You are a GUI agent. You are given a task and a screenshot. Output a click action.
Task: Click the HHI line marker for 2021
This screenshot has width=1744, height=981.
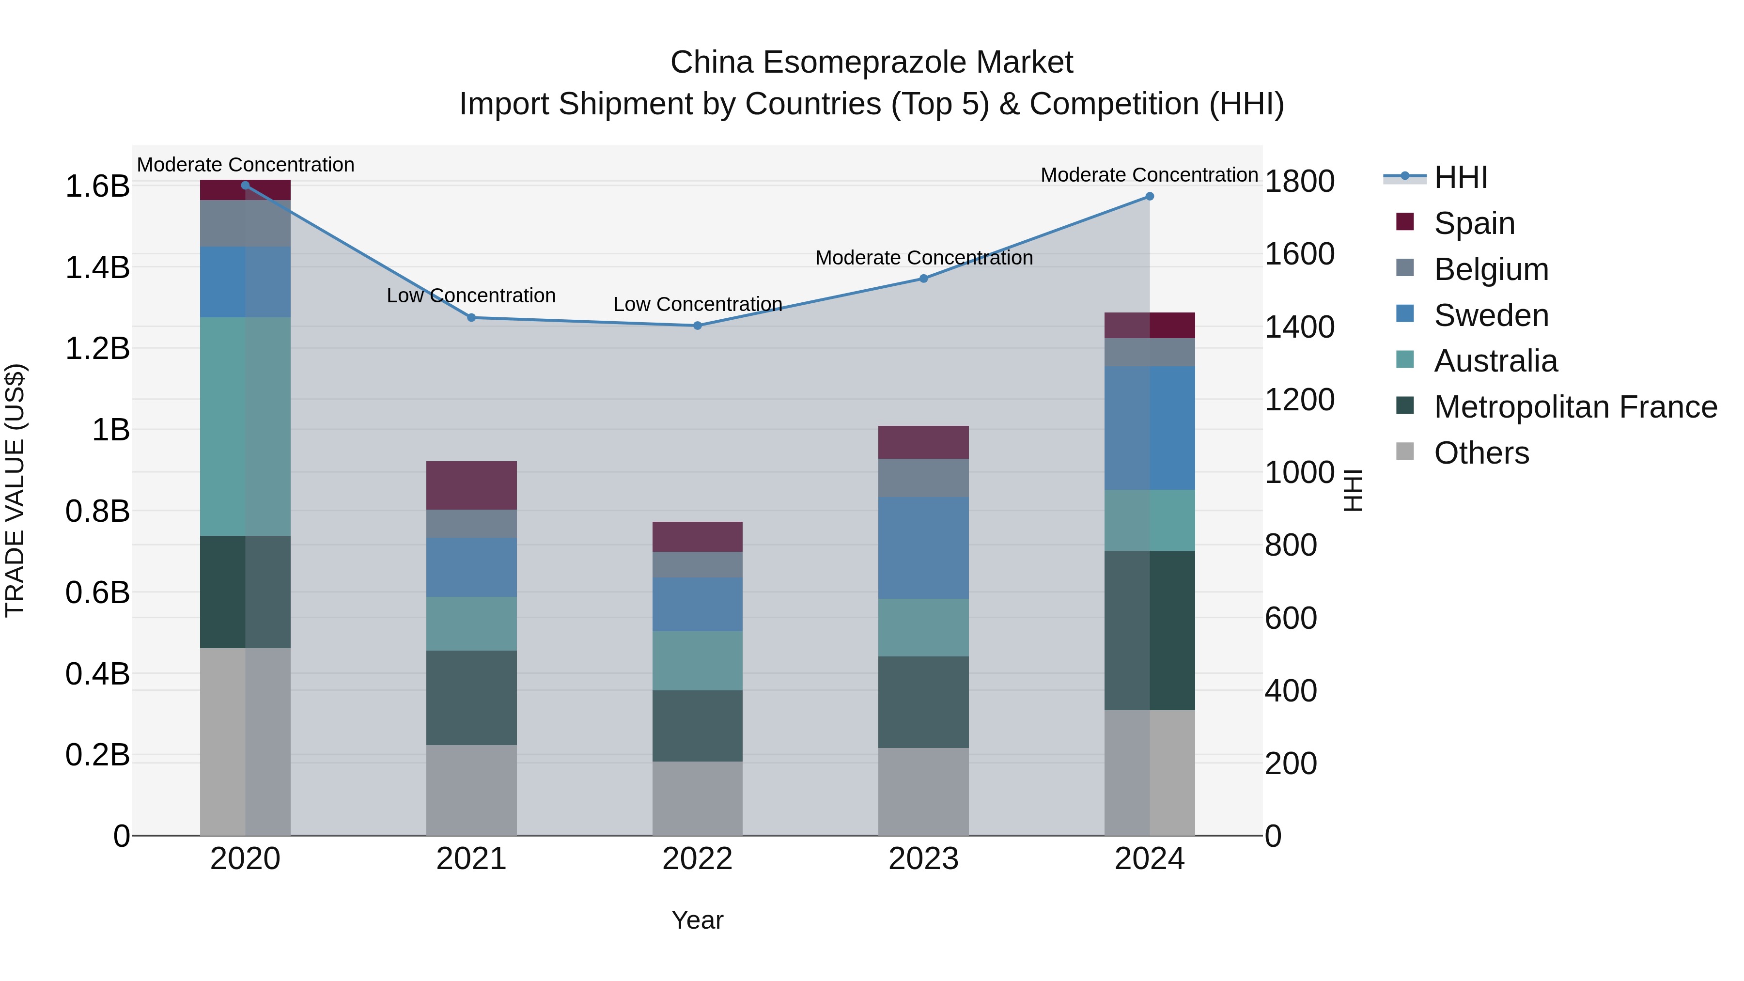(471, 317)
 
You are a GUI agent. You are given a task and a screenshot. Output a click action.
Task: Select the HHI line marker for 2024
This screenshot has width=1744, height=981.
(1150, 196)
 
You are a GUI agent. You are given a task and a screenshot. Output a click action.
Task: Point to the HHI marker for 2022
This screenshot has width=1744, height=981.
(697, 326)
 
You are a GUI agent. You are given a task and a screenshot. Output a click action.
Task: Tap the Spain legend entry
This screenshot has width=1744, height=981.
(1474, 223)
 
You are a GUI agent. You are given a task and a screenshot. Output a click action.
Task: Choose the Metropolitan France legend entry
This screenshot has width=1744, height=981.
(1575, 407)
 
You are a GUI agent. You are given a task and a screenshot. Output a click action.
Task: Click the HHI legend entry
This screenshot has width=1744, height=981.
(1460, 177)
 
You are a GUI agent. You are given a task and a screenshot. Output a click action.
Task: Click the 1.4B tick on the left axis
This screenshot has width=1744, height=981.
(97, 267)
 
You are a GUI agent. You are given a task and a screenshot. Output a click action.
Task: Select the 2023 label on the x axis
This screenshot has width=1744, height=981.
(923, 859)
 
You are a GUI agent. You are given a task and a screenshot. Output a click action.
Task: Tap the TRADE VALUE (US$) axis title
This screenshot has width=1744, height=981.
(15, 490)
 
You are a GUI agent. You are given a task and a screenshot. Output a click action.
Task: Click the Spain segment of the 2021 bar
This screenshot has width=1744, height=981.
(471, 485)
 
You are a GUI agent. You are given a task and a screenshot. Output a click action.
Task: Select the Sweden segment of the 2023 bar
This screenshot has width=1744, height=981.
(923, 548)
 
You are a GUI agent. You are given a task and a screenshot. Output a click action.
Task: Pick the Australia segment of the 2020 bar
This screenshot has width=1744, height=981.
(245, 426)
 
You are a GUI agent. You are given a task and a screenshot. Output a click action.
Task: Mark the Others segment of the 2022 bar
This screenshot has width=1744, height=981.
(697, 798)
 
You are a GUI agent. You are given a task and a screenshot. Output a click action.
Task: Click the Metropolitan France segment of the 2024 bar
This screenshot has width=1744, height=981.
(1150, 630)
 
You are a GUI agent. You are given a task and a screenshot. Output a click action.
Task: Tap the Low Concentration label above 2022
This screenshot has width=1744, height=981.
(697, 305)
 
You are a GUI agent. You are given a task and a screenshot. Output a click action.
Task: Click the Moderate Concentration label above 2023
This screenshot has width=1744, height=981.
(923, 258)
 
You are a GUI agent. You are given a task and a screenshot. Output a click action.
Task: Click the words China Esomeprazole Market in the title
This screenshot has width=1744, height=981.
(872, 62)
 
